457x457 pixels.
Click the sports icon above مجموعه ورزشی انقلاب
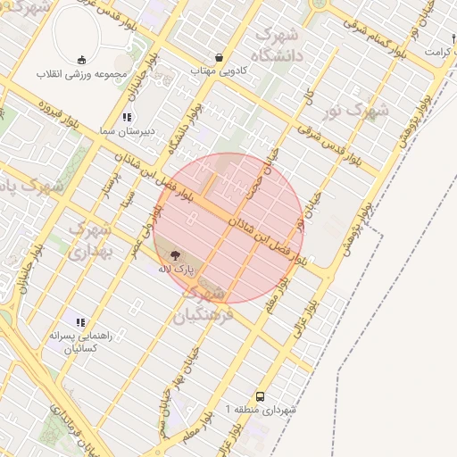click(82, 59)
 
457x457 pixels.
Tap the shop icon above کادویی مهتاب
click(220, 57)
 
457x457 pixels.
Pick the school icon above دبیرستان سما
click(128, 117)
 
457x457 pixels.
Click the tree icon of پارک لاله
click(174, 255)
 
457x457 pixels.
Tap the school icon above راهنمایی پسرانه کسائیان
click(80, 322)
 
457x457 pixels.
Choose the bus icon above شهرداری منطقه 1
click(260, 395)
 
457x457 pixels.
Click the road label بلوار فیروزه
click(62, 121)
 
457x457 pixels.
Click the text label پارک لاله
click(176, 268)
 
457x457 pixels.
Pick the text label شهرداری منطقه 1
click(260, 409)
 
